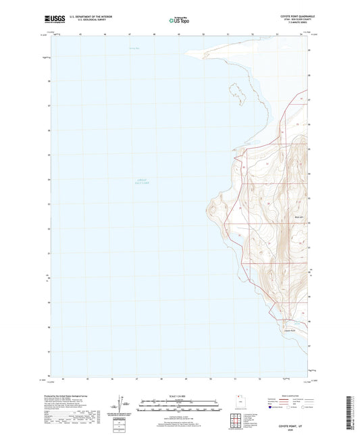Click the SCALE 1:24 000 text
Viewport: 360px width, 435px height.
[180, 395]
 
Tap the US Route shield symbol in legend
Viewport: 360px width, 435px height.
[288, 408]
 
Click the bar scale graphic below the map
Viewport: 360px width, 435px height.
[180, 406]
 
